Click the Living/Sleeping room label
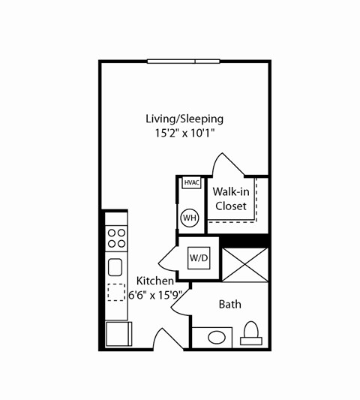(184, 119)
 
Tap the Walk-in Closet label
(230, 199)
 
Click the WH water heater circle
(190, 218)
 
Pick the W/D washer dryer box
(198, 258)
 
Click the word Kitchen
(155, 281)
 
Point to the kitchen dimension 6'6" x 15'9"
(155, 294)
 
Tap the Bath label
(229, 305)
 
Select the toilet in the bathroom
(252, 334)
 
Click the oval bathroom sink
(217, 336)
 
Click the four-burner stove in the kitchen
(116, 239)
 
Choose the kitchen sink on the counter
(116, 267)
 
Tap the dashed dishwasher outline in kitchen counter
(116, 292)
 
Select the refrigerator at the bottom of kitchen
(118, 333)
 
